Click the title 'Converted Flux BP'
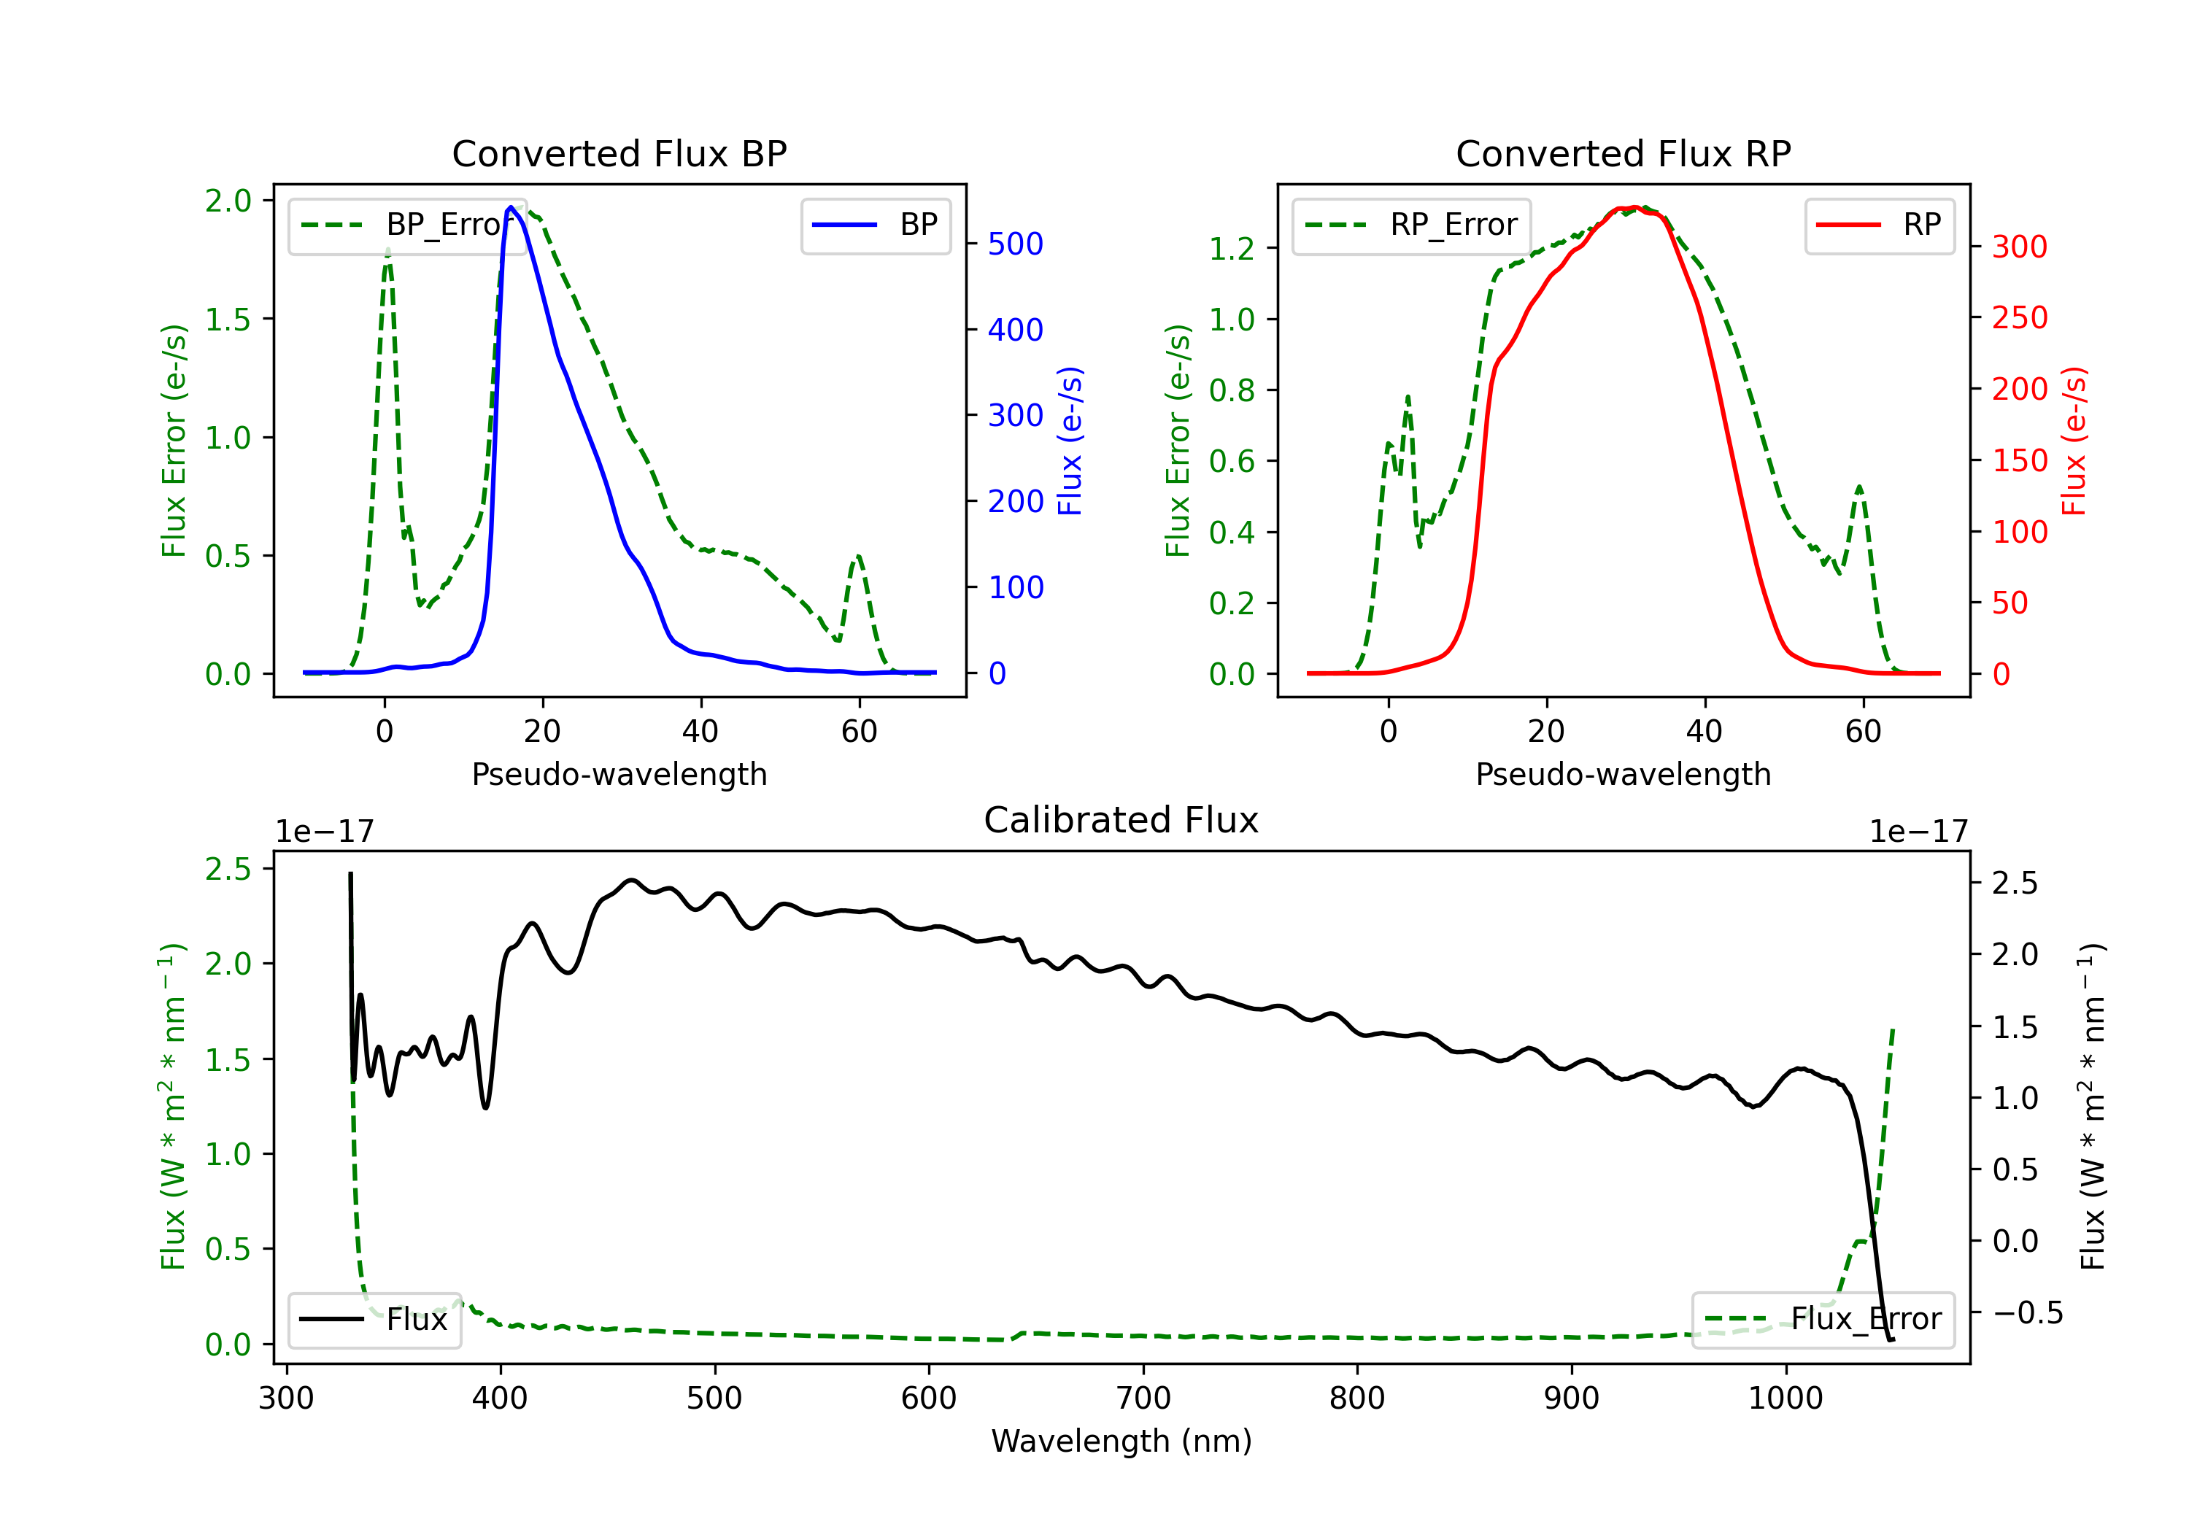pyautogui.click(x=619, y=153)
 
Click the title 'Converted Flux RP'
pyautogui.click(x=1623, y=153)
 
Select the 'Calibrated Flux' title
pyautogui.click(x=1121, y=820)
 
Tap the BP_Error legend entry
pyautogui.click(x=408, y=225)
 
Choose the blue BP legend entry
pyautogui.click(x=875, y=225)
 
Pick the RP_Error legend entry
pyautogui.click(x=1411, y=225)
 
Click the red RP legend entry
pyautogui.click(x=1879, y=225)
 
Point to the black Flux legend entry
pyautogui.click(x=374, y=1320)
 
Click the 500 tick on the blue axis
pyautogui.click(x=1016, y=244)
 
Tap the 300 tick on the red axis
pyautogui.click(x=2019, y=247)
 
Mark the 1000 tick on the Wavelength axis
pyautogui.click(x=1785, y=1398)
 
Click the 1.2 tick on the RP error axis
pyautogui.click(x=1231, y=249)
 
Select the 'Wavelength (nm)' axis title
pyautogui.click(x=1121, y=1441)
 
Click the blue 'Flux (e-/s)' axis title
pyautogui.click(x=1070, y=441)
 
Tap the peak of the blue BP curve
pyautogui.click(x=511, y=207)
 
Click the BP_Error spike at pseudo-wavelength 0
pyautogui.click(x=387, y=252)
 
